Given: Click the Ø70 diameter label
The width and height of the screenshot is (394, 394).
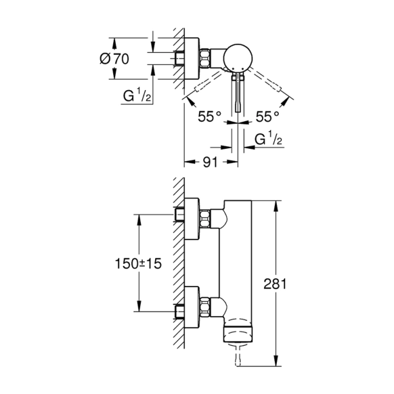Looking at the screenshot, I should [116, 59].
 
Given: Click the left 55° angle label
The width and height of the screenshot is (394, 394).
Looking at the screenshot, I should [210, 116].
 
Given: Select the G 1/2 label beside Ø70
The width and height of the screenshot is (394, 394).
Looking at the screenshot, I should [136, 97].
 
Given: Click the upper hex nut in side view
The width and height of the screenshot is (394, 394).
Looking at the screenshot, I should [205, 219].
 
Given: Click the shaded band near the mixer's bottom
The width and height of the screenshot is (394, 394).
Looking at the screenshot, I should [239, 333].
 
